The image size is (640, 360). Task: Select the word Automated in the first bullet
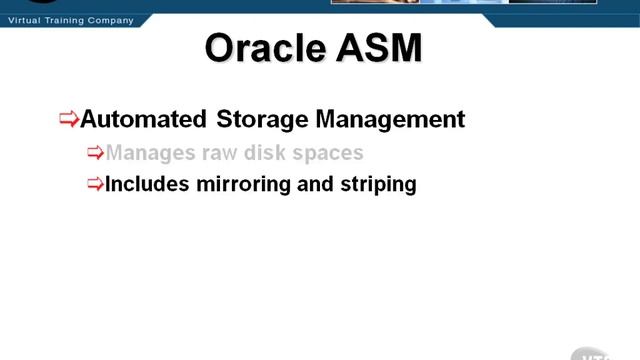coord(144,119)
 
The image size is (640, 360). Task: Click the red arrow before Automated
coord(69,119)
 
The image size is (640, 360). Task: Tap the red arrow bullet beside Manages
coord(95,153)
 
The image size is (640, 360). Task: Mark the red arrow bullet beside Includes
coord(95,184)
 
